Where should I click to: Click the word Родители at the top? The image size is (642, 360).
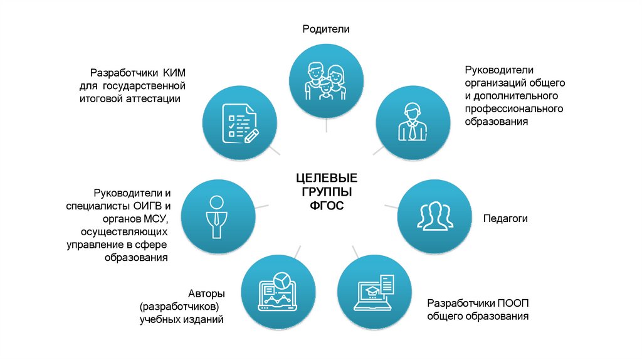[325, 29]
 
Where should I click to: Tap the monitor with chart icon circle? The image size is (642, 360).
[276, 292]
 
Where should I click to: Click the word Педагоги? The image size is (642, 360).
[505, 219]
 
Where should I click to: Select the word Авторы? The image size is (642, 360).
[206, 294]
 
